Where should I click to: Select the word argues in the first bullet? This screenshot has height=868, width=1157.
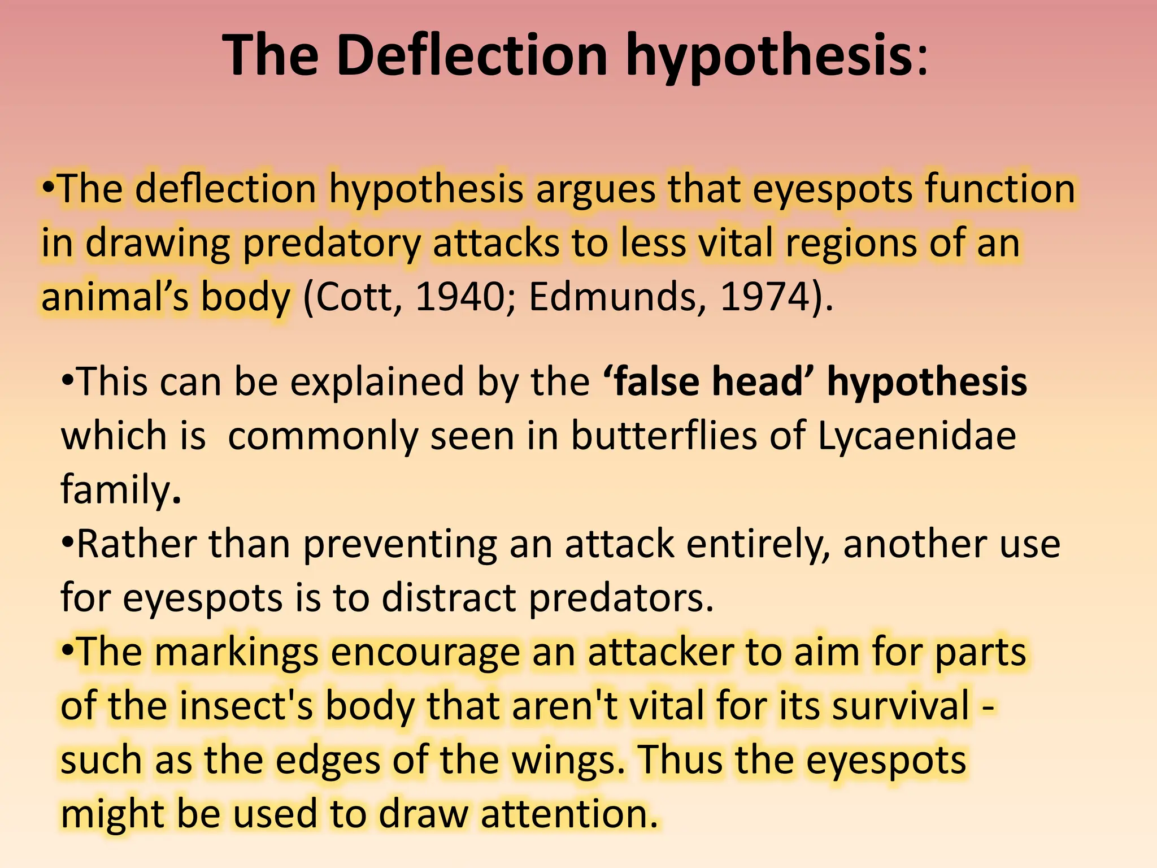click(x=595, y=189)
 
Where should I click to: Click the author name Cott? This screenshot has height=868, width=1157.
click(x=357, y=297)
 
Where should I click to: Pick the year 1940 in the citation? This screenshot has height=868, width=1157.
click(x=459, y=297)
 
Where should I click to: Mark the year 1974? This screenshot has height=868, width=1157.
click(x=765, y=297)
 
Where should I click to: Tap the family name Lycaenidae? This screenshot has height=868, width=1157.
click(x=916, y=436)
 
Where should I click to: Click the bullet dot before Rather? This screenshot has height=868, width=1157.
click(x=68, y=544)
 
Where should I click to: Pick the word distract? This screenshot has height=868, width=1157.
click(x=449, y=598)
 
